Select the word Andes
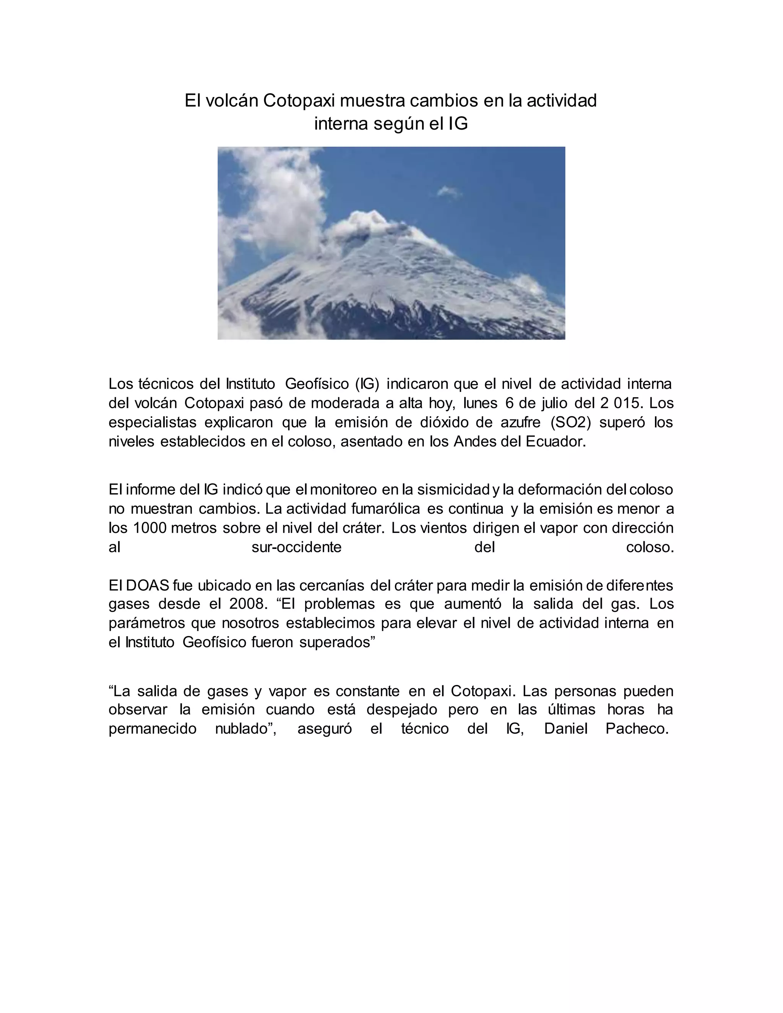point(474,442)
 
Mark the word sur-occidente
point(296,547)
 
